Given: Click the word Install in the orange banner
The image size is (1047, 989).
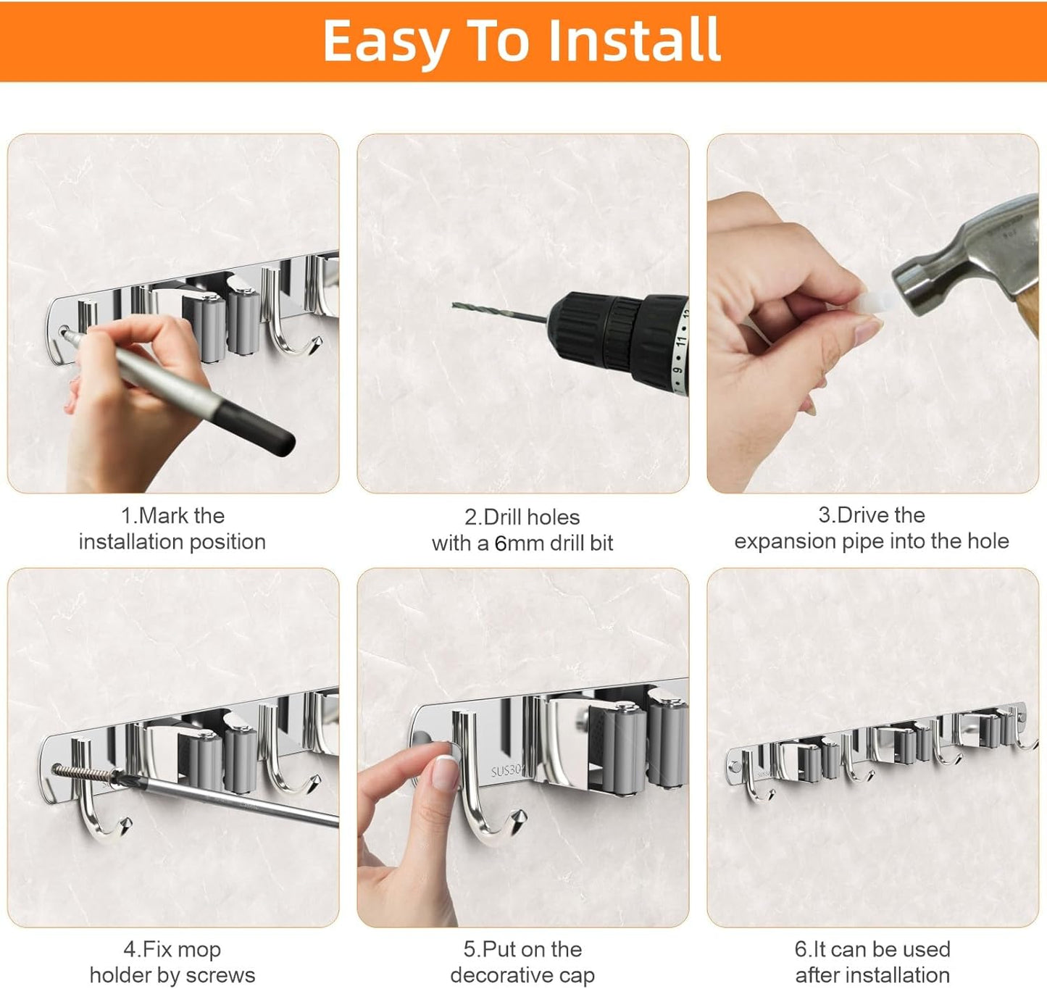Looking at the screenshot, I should pyautogui.click(x=634, y=41).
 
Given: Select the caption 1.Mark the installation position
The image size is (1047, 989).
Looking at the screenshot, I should pyautogui.click(x=172, y=529).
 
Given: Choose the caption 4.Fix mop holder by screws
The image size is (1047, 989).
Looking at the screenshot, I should pyautogui.click(x=172, y=962).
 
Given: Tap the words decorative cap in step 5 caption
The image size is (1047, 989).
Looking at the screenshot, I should pyautogui.click(x=522, y=975).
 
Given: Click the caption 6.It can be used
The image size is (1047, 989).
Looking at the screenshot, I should pyautogui.click(x=872, y=949).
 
